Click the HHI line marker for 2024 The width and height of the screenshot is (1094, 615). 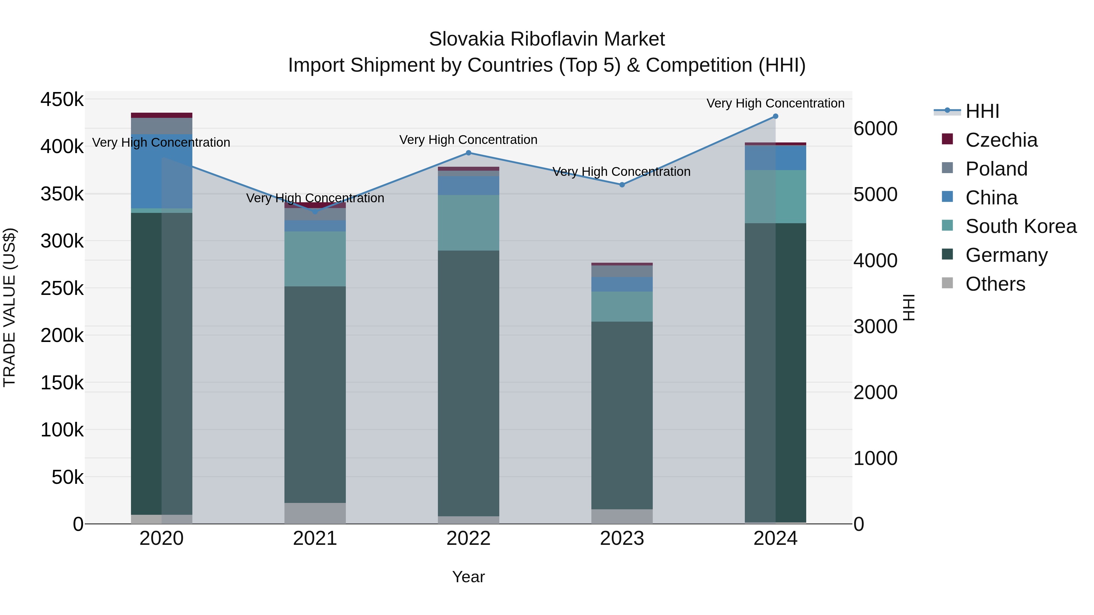[x=776, y=116]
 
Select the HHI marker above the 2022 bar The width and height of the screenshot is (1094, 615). [x=468, y=153]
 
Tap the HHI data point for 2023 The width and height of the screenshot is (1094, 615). [x=622, y=185]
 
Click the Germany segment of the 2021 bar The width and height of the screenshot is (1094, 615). [x=315, y=395]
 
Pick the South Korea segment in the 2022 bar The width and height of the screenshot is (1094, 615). [x=468, y=223]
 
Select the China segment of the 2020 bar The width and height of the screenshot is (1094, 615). [x=161, y=171]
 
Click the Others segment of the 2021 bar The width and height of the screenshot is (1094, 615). [x=315, y=513]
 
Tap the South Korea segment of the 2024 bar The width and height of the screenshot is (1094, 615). [x=776, y=196]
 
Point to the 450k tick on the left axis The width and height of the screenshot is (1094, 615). [x=62, y=100]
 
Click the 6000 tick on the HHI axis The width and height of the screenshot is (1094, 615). [x=875, y=128]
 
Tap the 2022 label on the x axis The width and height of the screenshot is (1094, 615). [x=468, y=538]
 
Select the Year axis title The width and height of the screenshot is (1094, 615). [x=468, y=577]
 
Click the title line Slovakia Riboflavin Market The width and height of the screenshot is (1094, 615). [x=547, y=39]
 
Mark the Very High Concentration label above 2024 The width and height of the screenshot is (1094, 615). [x=776, y=103]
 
